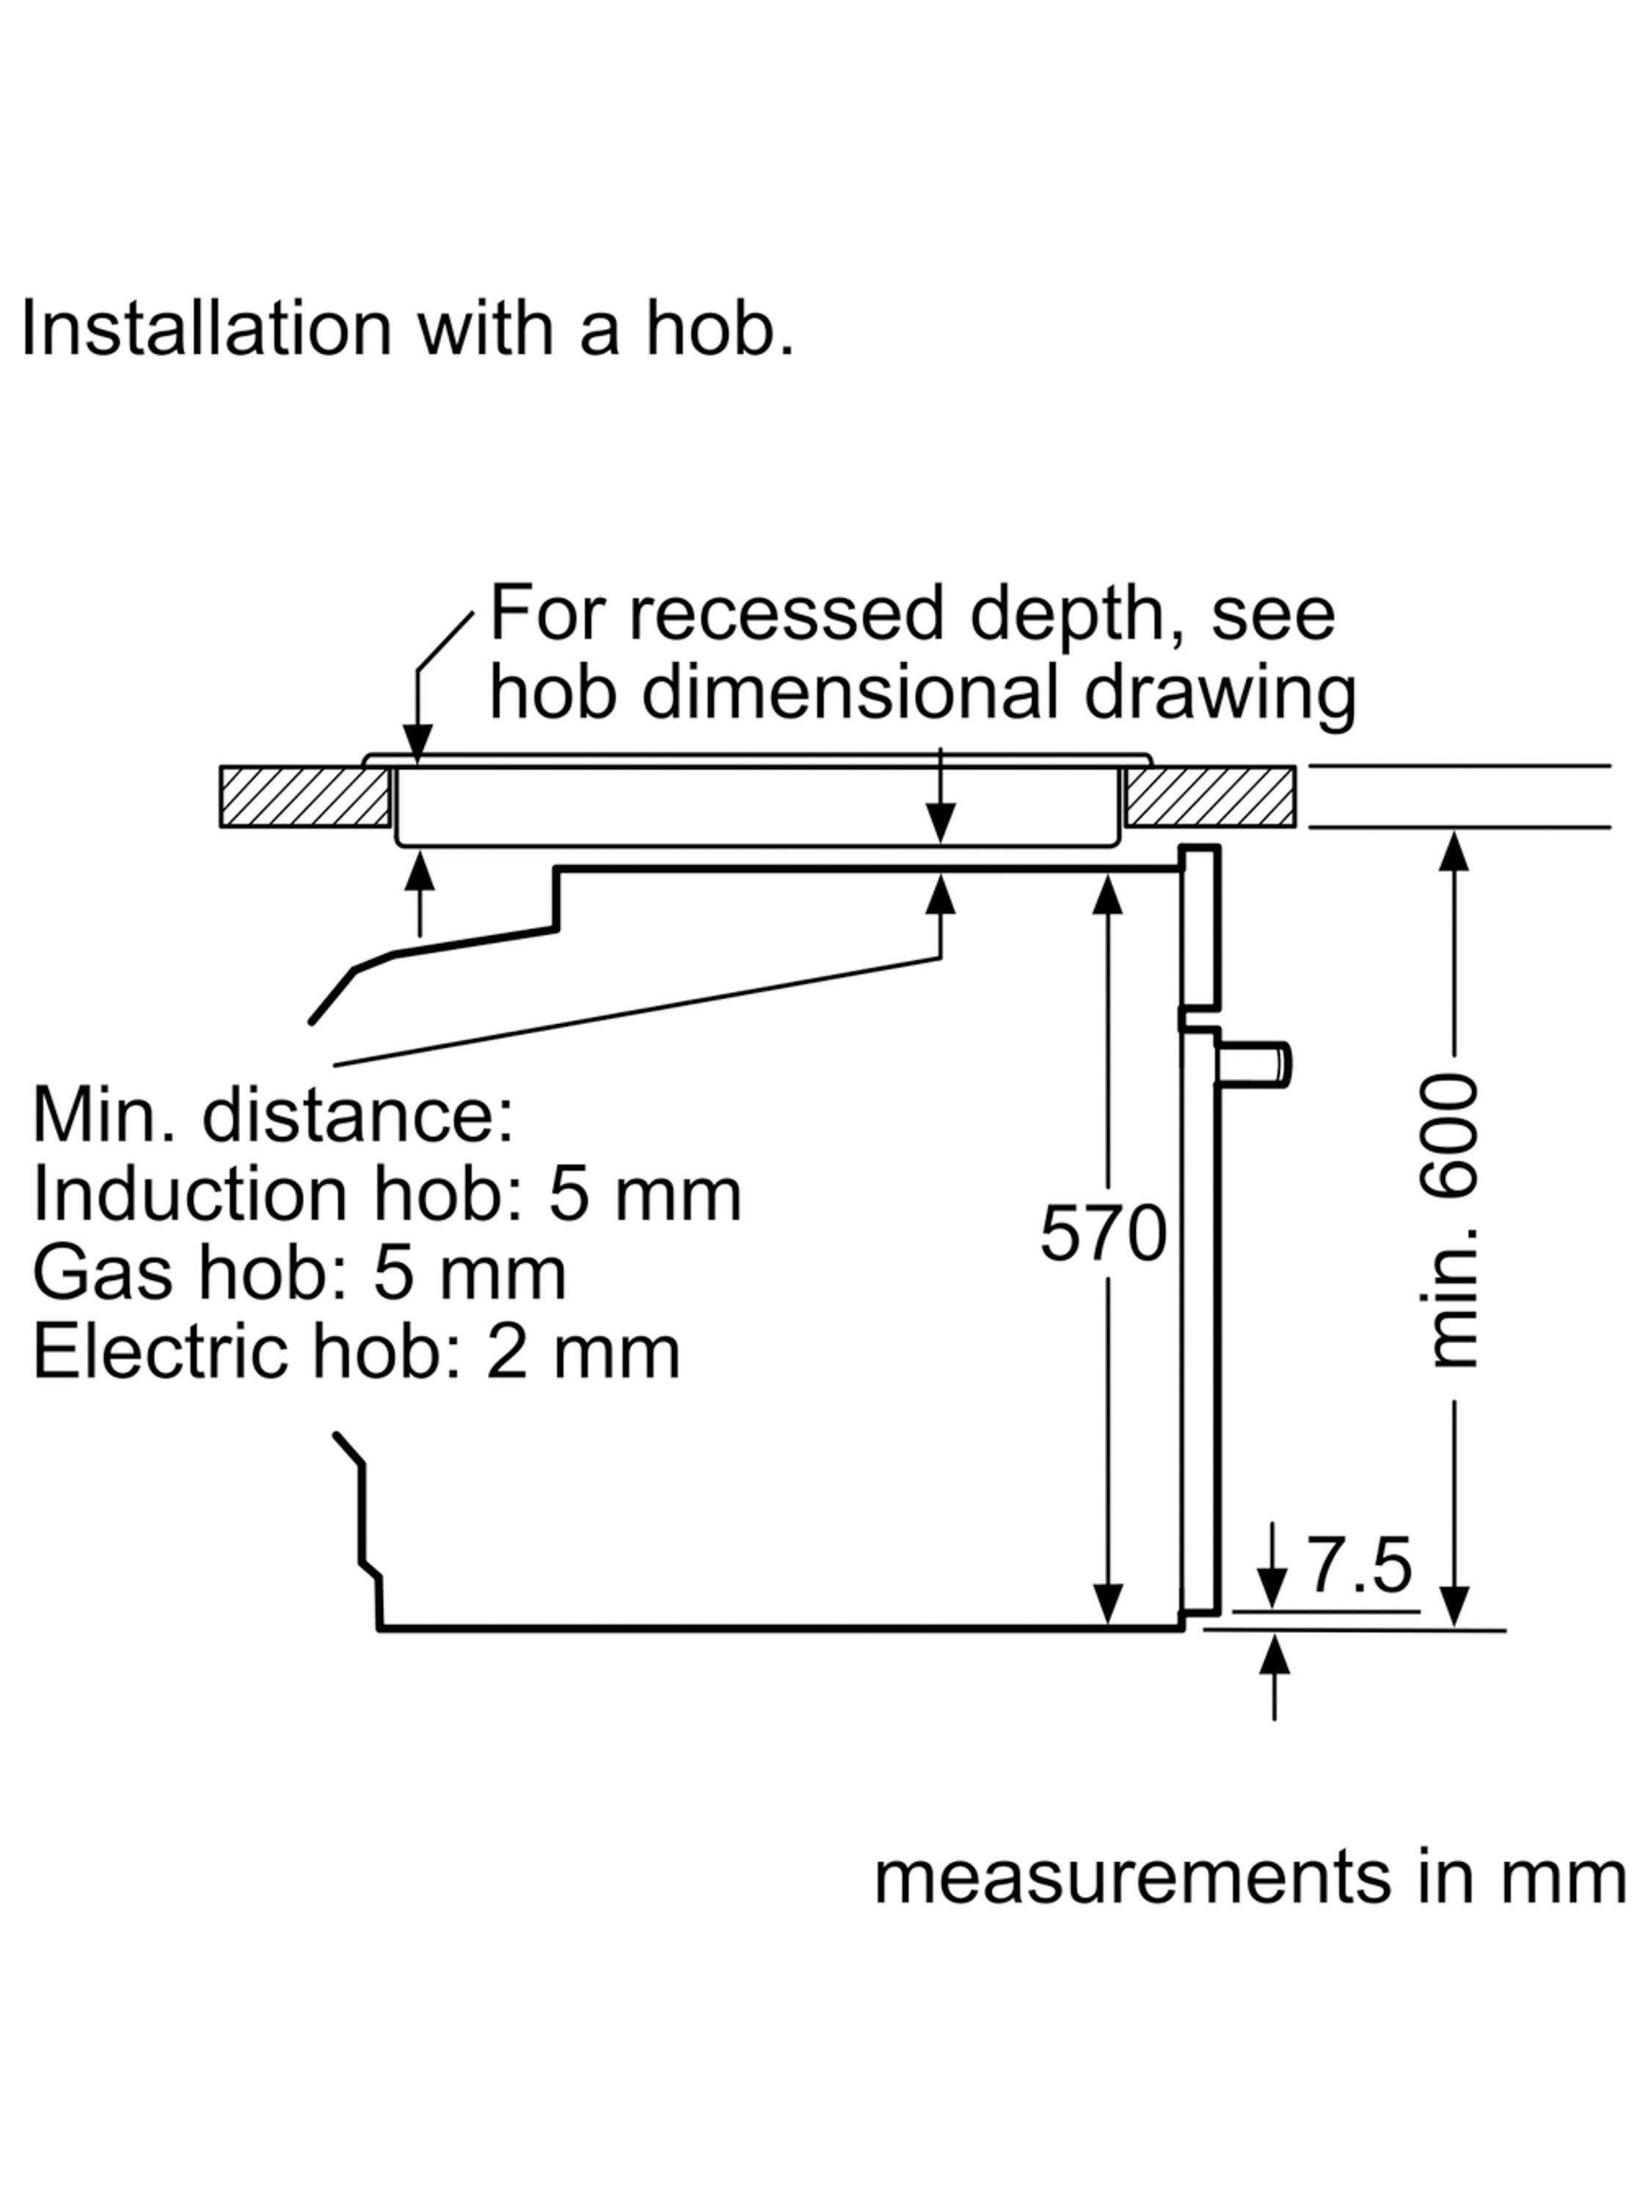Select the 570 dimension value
[1103, 1235]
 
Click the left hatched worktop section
[305, 796]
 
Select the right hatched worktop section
[1210, 796]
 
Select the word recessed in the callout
[785, 614]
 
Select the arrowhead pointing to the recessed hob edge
[419, 744]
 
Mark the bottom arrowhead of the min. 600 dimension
[1455, 1606]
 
